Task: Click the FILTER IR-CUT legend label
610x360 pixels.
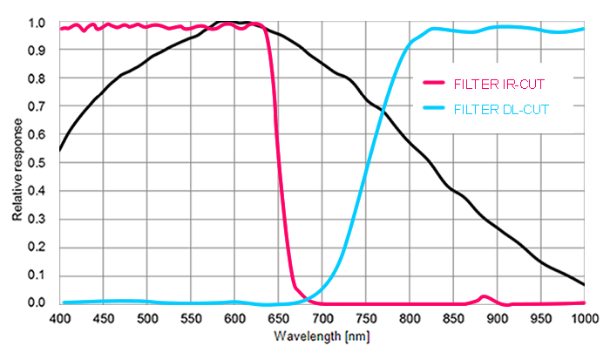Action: click(499, 84)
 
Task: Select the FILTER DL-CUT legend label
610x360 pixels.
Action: click(500, 109)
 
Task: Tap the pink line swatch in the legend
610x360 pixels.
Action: click(433, 84)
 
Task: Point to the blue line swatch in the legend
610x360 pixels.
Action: click(433, 109)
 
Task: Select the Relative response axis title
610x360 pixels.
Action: click(17, 164)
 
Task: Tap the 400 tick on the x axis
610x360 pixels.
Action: click(60, 318)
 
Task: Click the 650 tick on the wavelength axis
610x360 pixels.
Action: click(278, 318)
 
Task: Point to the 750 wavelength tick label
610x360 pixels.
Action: click(365, 318)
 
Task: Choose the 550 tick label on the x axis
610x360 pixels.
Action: click(191, 318)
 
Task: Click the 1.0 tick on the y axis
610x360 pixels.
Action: click(36, 24)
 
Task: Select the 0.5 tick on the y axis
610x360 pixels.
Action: click(36, 163)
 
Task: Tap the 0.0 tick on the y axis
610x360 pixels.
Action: click(36, 303)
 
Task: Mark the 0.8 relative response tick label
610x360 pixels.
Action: click(36, 79)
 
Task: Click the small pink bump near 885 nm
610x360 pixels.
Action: click(484, 297)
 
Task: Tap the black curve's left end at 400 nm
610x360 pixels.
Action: click(60, 150)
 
